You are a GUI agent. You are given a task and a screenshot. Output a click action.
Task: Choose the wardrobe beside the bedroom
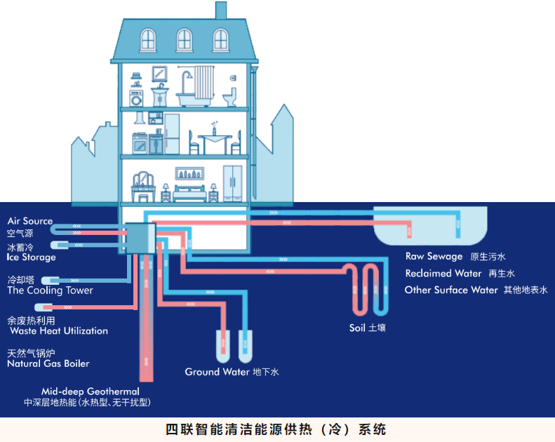[232, 184]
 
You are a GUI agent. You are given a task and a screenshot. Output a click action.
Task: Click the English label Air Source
[30, 221]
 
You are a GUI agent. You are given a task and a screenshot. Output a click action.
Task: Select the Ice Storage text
[32, 257]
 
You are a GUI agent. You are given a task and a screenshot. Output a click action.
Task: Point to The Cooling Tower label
[50, 290]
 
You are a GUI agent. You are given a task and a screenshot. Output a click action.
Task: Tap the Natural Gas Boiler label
[48, 364]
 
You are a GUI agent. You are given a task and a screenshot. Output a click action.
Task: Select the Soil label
[358, 328]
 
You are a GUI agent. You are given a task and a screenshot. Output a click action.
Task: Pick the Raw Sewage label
[434, 257]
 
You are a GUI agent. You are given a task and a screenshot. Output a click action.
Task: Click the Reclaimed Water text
[443, 274]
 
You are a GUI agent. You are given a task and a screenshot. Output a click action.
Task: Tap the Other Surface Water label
[451, 290]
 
